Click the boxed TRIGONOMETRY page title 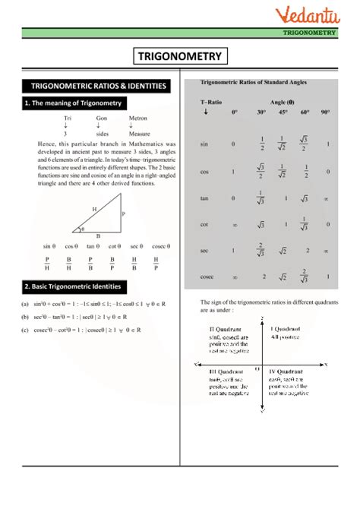pos(180,56)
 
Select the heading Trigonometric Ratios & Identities pos(96,86)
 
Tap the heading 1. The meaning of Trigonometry pos(72,103)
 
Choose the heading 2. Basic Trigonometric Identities pos(77,286)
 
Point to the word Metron pos(137,119)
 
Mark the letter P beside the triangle pos(123,215)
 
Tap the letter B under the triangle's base pos(98,236)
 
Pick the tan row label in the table pos(204,198)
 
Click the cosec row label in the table pos(207,278)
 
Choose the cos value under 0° pos(233,172)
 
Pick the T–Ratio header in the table pos(211,101)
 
